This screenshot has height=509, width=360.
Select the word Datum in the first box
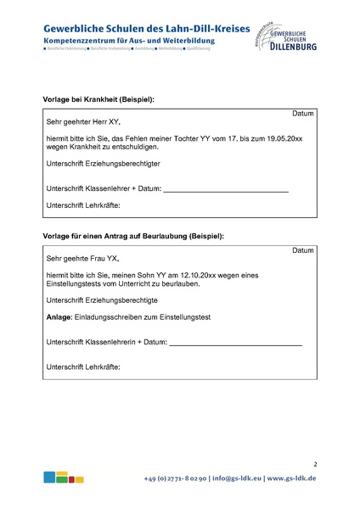pos(303,114)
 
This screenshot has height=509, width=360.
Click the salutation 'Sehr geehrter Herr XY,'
pos(83,123)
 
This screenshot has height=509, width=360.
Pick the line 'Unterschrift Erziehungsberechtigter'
pos(103,163)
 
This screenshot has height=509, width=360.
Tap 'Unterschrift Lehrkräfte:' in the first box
pos(83,205)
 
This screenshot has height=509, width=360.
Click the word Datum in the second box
pos(303,251)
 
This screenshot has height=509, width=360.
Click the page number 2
pos(314,464)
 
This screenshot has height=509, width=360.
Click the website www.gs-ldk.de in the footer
pos(292,478)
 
